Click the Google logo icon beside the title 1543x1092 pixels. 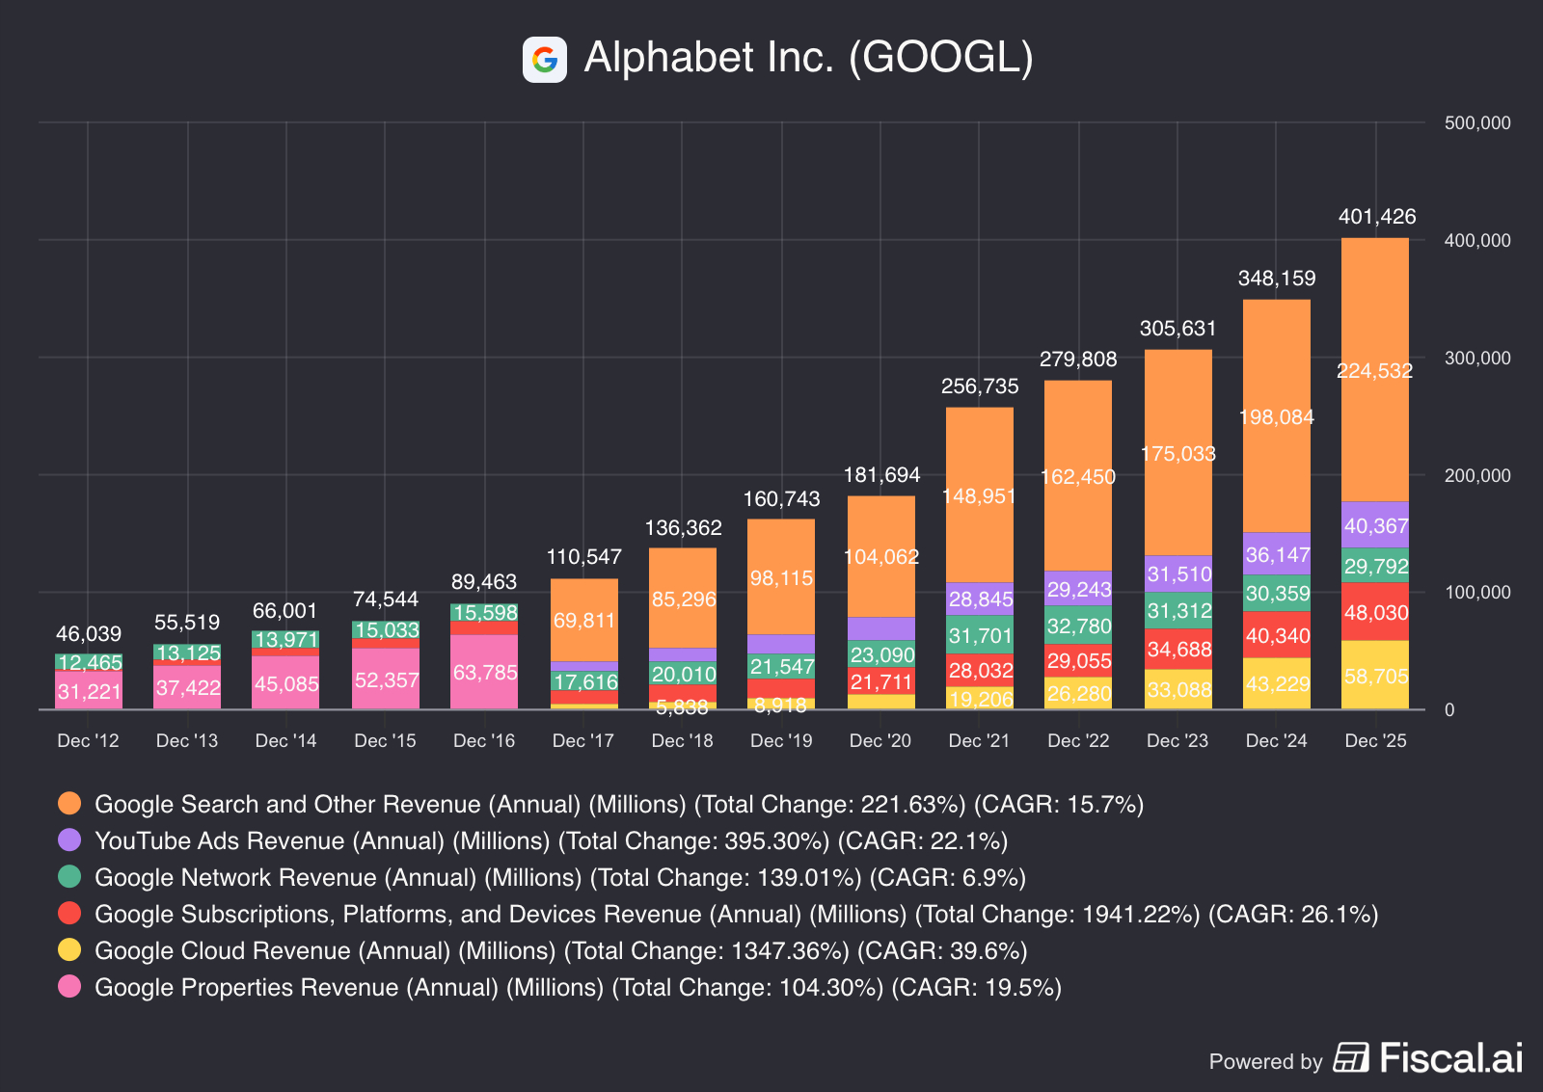(x=544, y=60)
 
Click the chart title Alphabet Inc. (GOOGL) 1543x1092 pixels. (x=808, y=58)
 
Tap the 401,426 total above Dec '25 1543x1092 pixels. (x=1376, y=217)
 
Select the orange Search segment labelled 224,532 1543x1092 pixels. (x=1374, y=370)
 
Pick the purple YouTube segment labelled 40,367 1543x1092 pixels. (x=1375, y=525)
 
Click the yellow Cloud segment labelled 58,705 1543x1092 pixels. (x=1375, y=676)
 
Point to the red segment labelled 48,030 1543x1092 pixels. (x=1375, y=612)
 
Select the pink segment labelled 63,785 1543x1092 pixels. (x=484, y=672)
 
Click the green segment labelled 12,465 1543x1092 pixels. (x=89, y=662)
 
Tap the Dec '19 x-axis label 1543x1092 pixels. (x=781, y=740)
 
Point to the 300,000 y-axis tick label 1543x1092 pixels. (x=1476, y=358)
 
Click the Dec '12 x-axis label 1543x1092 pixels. (x=88, y=740)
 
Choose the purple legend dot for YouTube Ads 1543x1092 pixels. (x=69, y=840)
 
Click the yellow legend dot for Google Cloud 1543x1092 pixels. (x=69, y=950)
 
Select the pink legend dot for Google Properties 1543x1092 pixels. (x=69, y=987)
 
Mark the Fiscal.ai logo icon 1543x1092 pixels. (x=1351, y=1057)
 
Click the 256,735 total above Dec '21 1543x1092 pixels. (x=980, y=386)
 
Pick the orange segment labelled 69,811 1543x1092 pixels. (x=584, y=620)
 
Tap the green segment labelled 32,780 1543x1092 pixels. (x=1078, y=626)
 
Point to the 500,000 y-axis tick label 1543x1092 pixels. (x=1476, y=123)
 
